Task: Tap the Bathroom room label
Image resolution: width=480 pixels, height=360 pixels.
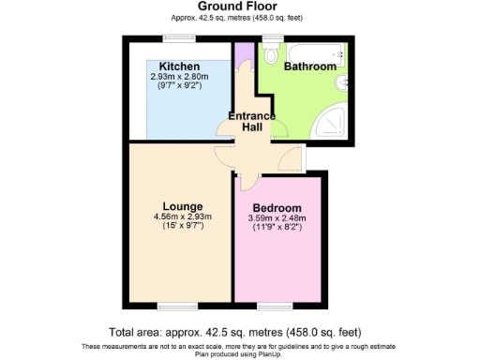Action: coord(310,67)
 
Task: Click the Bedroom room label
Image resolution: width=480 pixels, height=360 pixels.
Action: coord(277,207)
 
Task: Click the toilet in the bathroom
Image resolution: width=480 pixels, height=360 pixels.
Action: coord(272,55)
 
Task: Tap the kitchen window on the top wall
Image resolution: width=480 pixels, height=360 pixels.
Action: coord(177,38)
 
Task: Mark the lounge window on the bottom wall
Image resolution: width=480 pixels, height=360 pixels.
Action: coord(172,305)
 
